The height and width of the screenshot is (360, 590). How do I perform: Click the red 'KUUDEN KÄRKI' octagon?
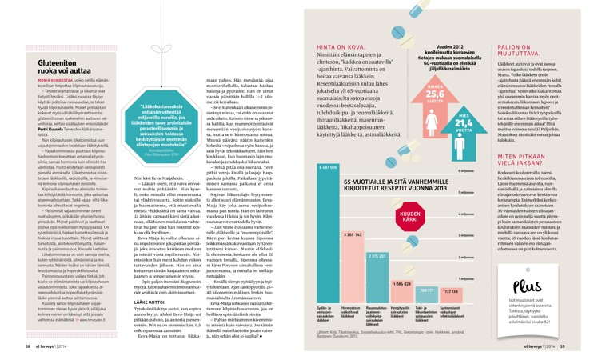pyautogui.click(x=406, y=220)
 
